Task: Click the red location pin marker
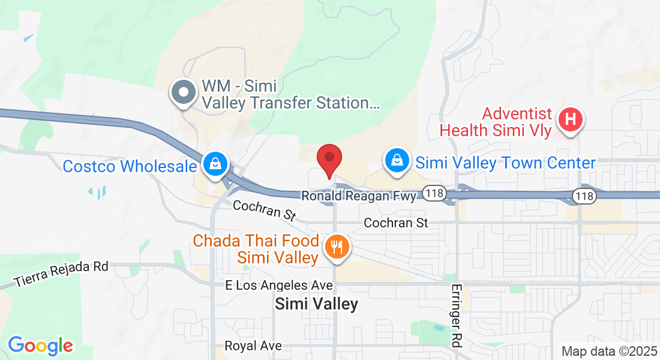tap(329, 159)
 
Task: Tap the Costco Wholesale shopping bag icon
tap(214, 163)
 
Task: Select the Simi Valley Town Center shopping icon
tap(396, 160)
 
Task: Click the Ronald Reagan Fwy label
tap(358, 196)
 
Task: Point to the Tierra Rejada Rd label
tap(62, 273)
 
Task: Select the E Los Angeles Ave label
tap(279, 285)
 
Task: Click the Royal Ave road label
tap(253, 346)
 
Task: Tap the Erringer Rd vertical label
tap(457, 316)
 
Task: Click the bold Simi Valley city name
tap(316, 304)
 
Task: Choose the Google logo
tap(40, 346)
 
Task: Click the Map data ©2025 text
tap(608, 351)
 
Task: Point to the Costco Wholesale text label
tap(130, 166)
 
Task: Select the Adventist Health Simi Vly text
tap(496, 122)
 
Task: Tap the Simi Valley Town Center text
tap(505, 163)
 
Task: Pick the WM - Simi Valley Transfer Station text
tap(290, 94)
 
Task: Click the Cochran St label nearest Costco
tap(264, 209)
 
